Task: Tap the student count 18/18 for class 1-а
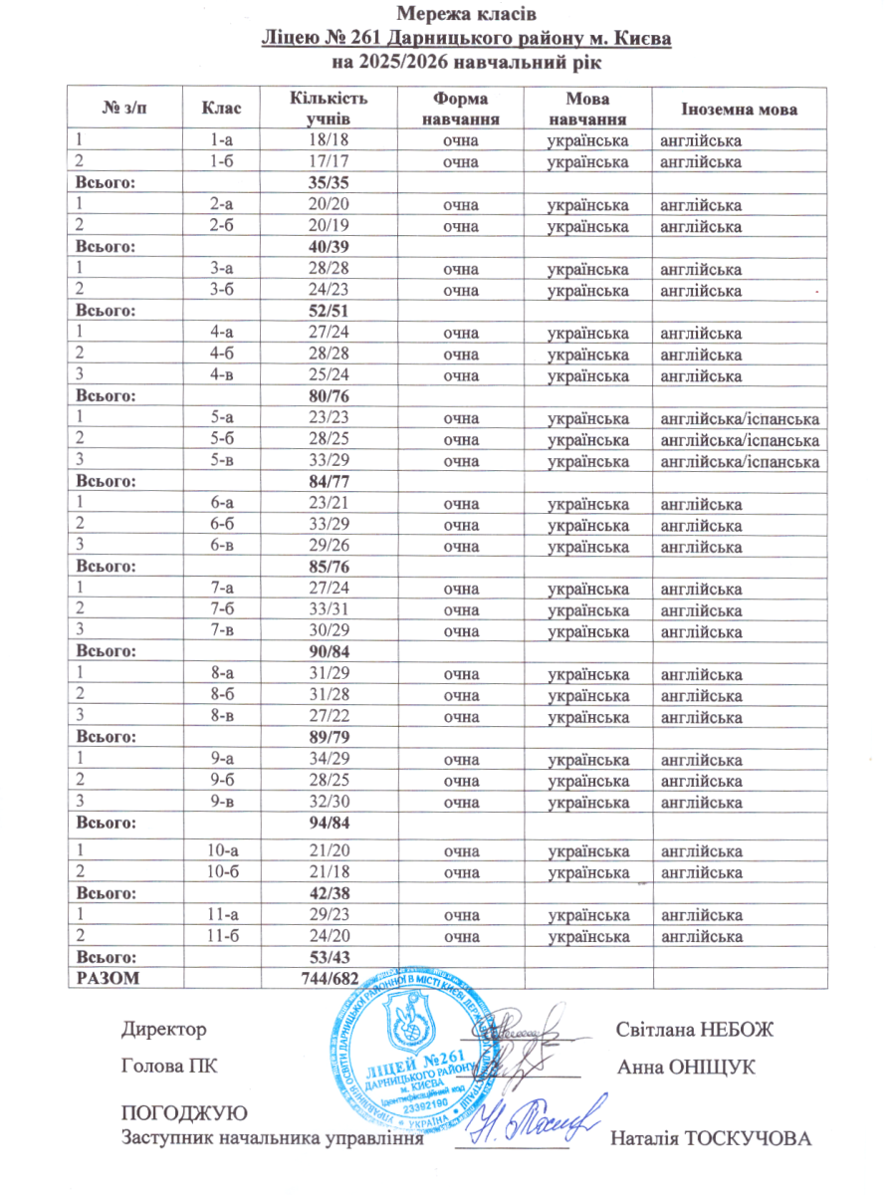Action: pyautogui.click(x=328, y=139)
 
